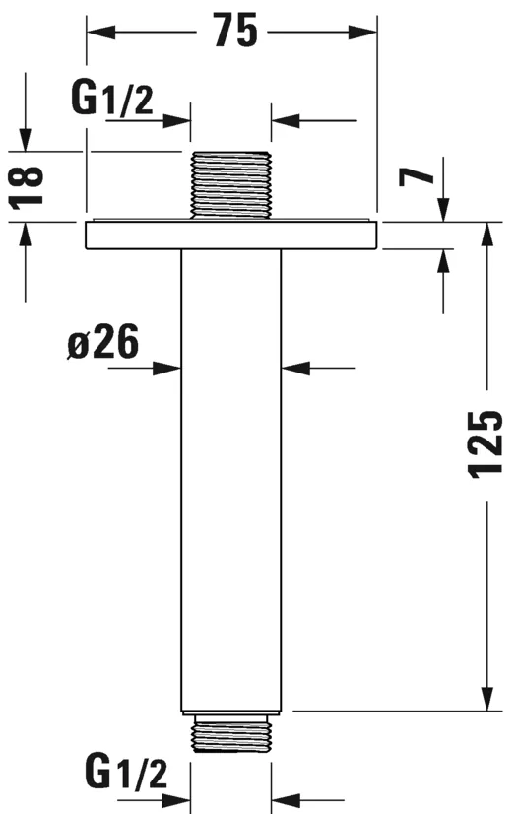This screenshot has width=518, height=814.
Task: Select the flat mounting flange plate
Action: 231,236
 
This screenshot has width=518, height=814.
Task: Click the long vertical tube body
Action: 231,473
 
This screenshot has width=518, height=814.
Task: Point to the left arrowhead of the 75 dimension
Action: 96,32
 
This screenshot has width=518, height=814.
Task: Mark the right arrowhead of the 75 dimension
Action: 368,32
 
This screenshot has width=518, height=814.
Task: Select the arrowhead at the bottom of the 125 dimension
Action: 487,701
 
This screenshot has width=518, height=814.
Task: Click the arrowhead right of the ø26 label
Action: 172,369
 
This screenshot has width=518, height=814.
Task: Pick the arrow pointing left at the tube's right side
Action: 291,369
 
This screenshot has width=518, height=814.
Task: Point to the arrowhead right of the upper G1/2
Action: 181,122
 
